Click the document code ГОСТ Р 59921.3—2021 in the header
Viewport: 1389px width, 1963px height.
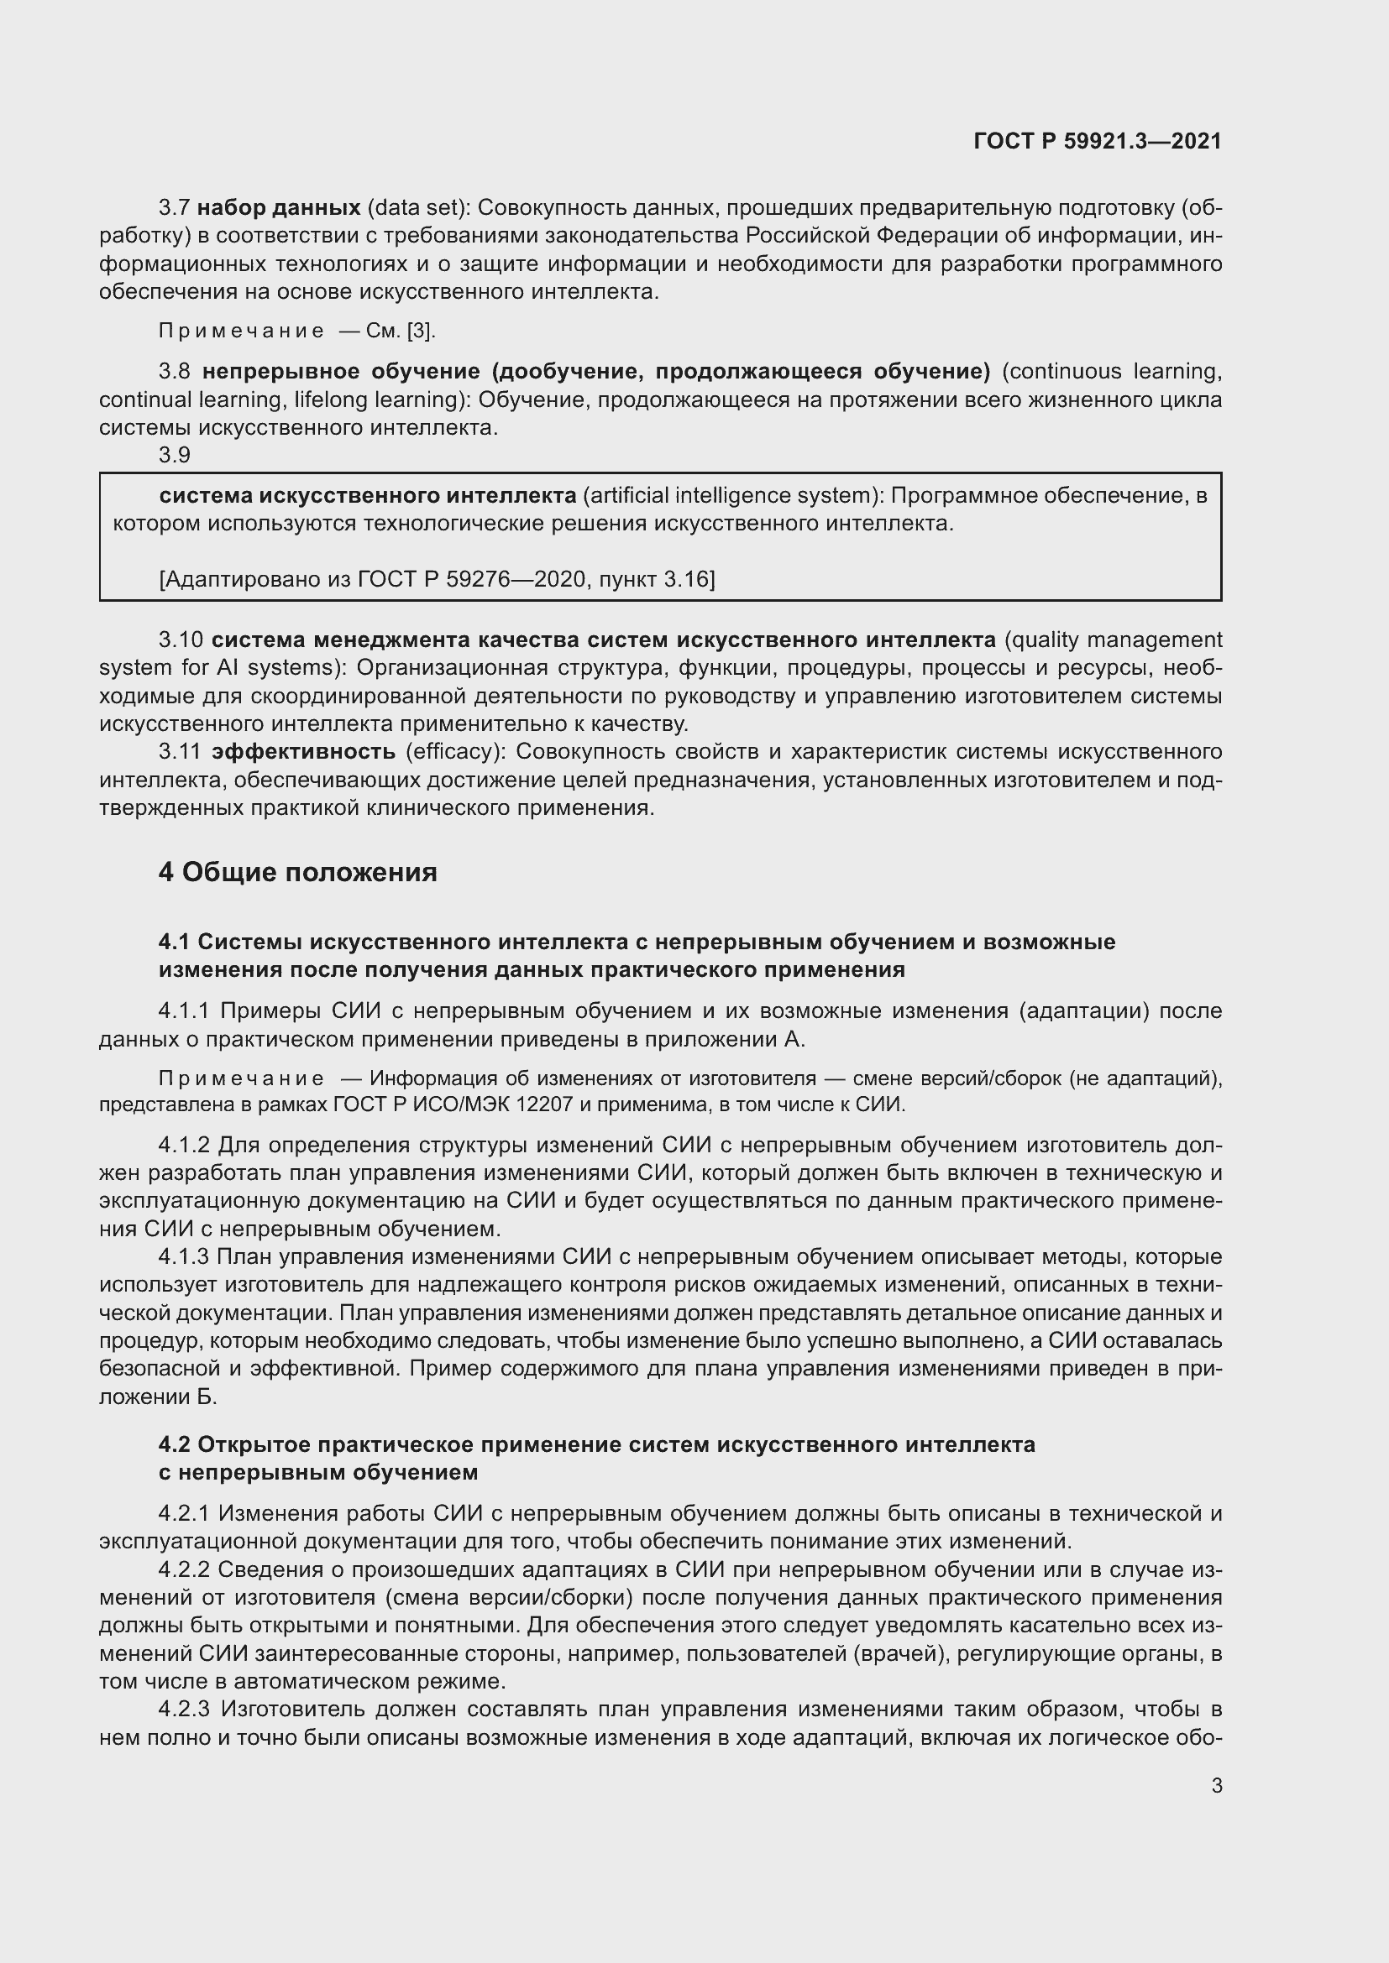(1098, 141)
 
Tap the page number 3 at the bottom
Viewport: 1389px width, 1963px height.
(1216, 1785)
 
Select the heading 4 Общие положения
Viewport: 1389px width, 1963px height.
(297, 872)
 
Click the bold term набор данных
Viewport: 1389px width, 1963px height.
(279, 208)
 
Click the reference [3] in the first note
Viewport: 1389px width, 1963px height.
(421, 331)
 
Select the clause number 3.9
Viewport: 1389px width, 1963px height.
(175, 455)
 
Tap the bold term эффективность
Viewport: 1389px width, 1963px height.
(304, 751)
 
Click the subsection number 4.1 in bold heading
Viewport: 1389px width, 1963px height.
(174, 942)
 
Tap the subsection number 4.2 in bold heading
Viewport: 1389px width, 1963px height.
(174, 1445)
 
